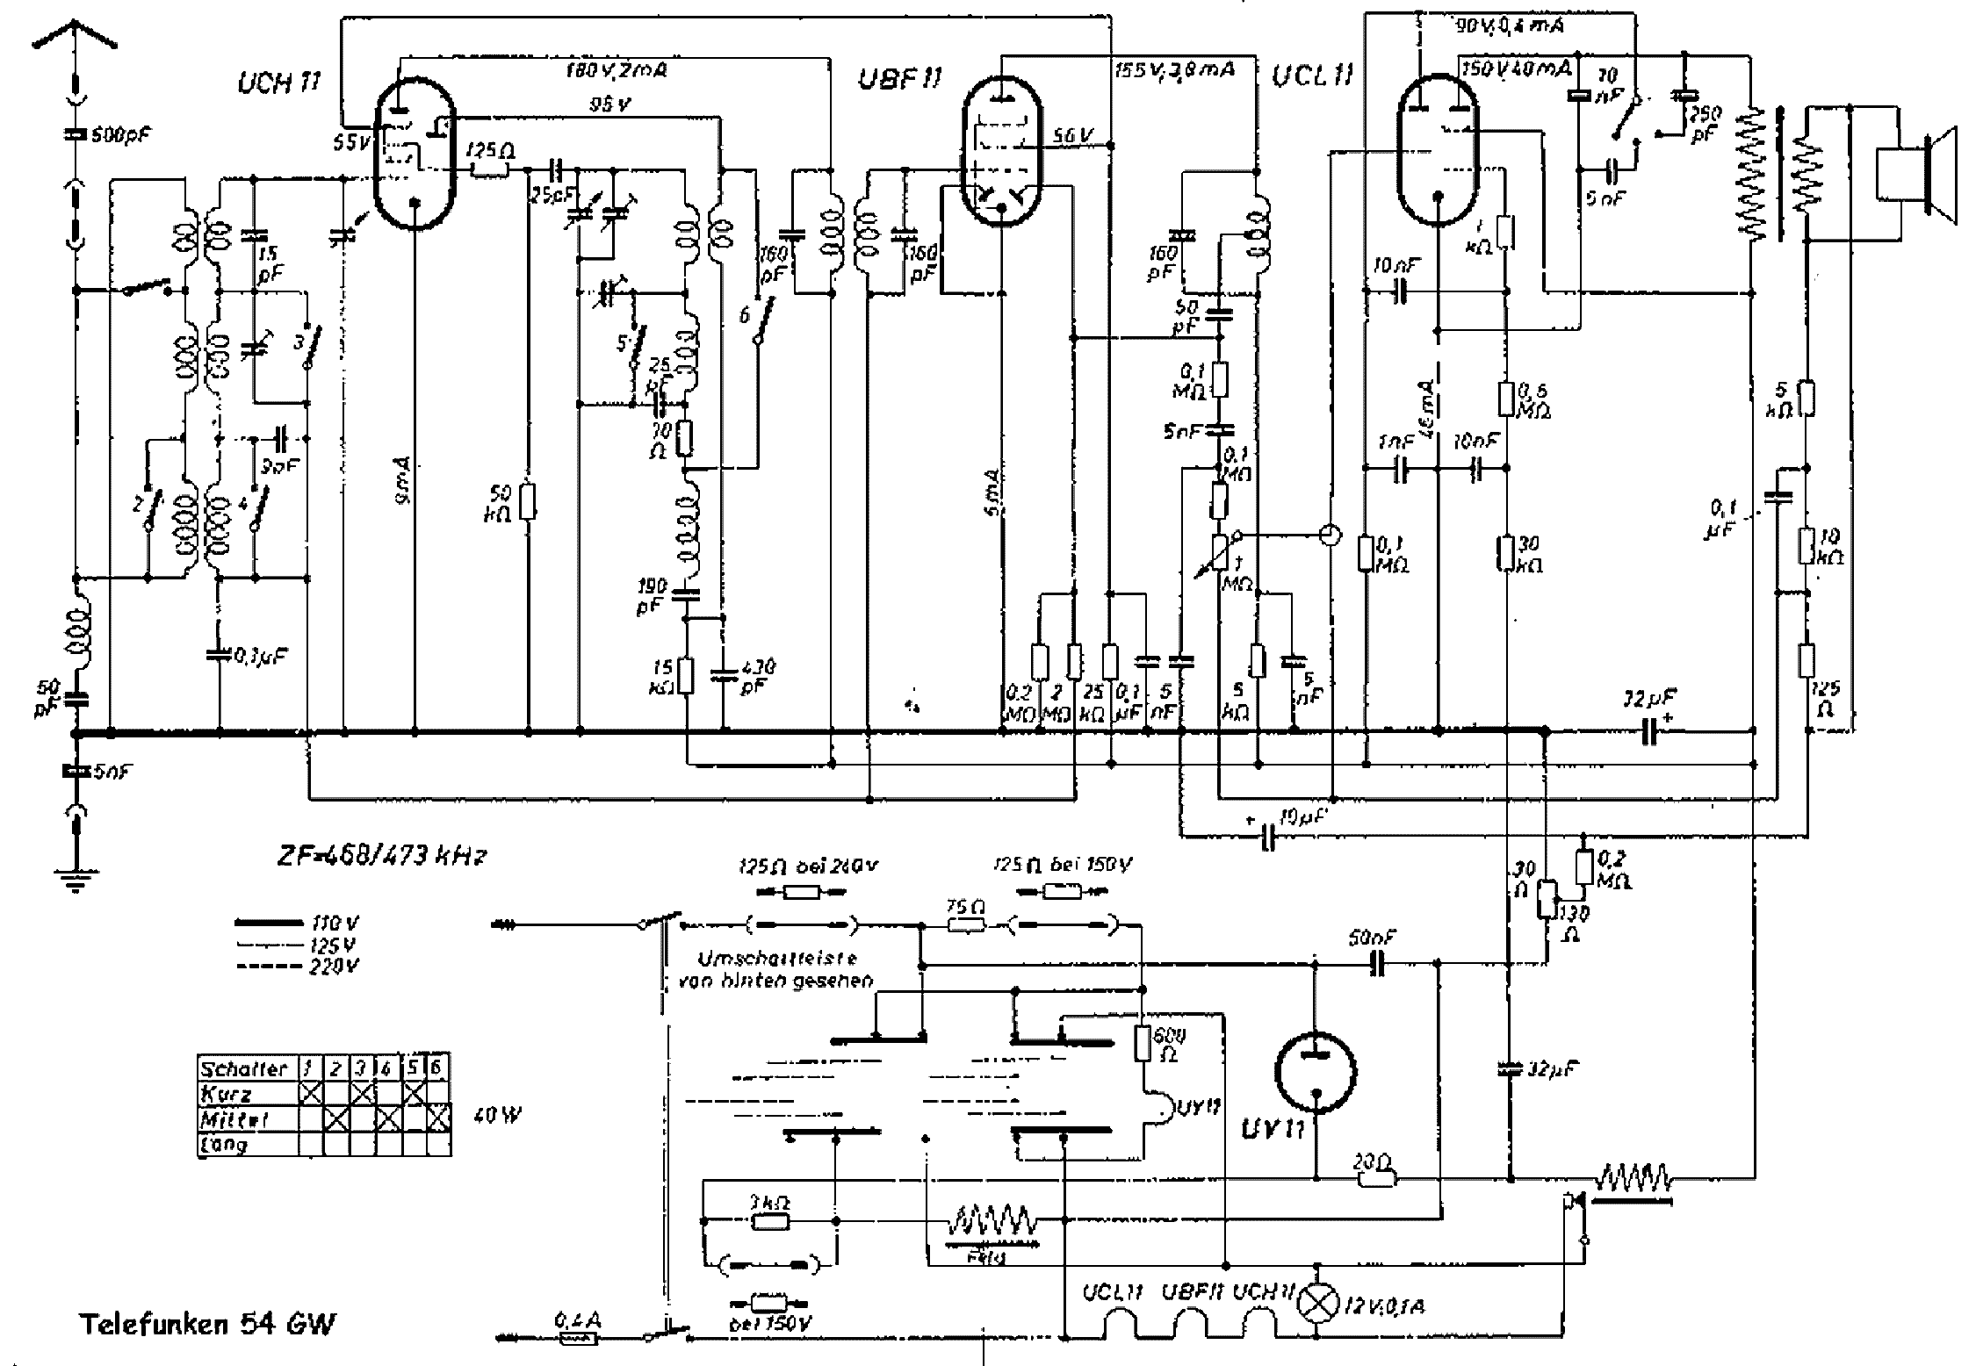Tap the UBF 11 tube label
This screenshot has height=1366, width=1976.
899,80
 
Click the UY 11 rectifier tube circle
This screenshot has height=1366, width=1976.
1315,1072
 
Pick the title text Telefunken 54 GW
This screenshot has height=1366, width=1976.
208,1325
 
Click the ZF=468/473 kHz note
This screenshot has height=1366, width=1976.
379,856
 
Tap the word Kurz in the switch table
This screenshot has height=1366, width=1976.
227,1094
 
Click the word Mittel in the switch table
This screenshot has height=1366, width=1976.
234,1119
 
